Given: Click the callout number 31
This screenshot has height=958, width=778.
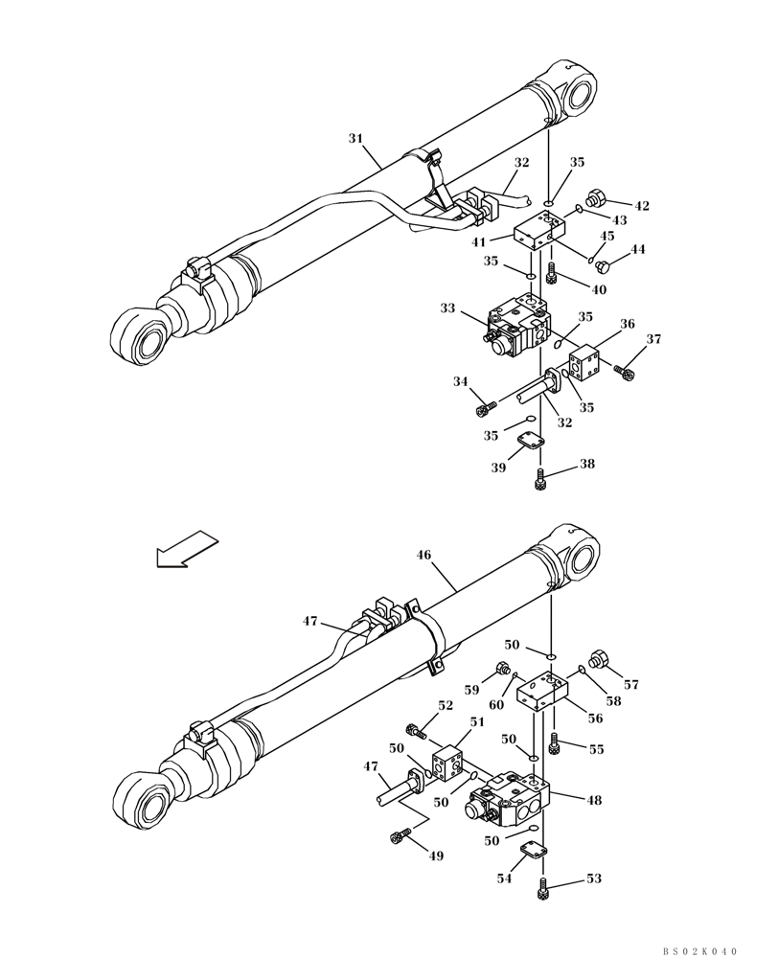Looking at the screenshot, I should coord(355,139).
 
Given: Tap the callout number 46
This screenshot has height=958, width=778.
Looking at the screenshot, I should coord(423,555).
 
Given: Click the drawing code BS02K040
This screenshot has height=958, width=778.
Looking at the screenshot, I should coord(699,950).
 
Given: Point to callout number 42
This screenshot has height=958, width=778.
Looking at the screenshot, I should coord(642,206).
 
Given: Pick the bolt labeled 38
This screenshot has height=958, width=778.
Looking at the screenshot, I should coord(540,478).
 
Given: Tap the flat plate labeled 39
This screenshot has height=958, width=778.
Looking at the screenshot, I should coord(527,440).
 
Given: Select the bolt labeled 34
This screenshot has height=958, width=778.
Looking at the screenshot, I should coord(485,409).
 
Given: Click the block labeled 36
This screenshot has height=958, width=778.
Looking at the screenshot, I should coord(584,365).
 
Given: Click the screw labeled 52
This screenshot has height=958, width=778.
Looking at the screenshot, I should coord(414,731).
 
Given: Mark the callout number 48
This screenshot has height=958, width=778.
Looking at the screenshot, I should coord(594,800).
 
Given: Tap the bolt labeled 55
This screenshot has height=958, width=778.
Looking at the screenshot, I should coord(554,741).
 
